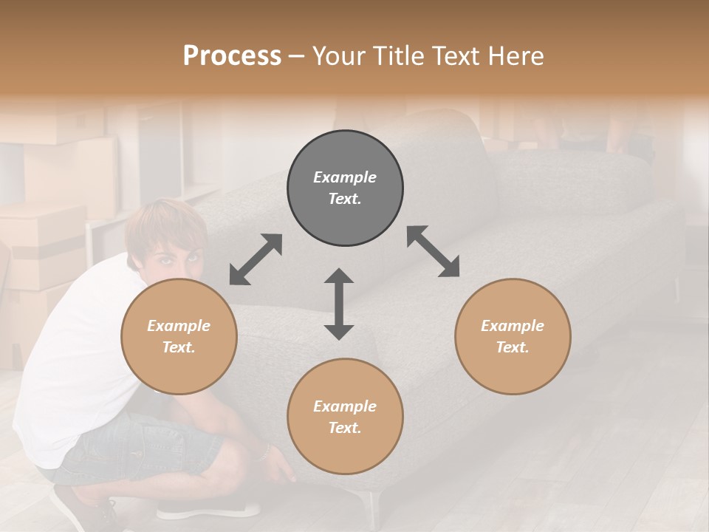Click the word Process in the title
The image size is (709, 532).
click(x=232, y=56)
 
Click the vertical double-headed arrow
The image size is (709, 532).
click(x=339, y=304)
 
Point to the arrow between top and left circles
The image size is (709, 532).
click(x=256, y=259)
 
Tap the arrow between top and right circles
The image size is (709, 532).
click(x=433, y=251)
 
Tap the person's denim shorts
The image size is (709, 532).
click(x=140, y=447)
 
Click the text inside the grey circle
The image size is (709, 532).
click(x=345, y=188)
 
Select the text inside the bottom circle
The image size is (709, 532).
click(x=345, y=417)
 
